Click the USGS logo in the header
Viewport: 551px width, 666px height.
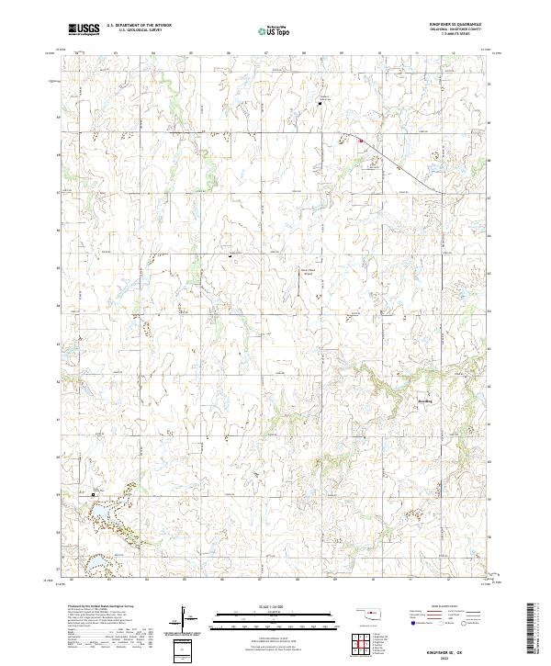(x=84, y=29)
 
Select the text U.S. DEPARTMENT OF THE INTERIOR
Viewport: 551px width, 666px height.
(x=139, y=25)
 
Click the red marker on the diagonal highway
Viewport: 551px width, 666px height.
(x=361, y=141)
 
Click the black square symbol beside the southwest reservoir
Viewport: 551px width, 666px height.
(x=93, y=494)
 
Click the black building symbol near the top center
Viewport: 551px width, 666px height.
(x=320, y=103)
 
